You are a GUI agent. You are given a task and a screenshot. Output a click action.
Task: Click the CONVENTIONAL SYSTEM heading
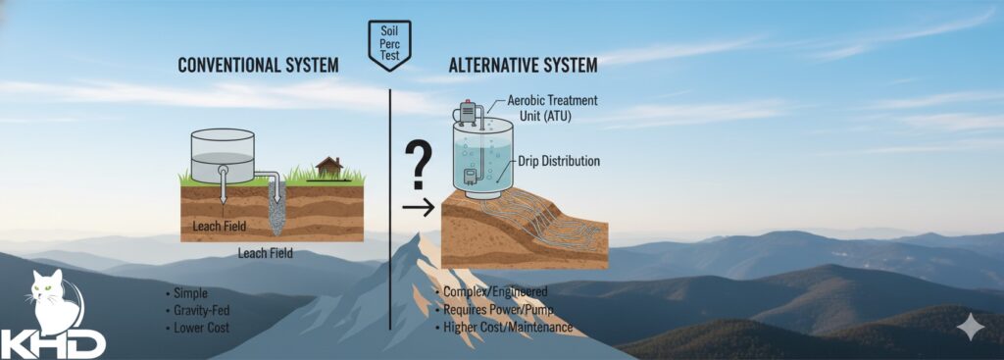(258, 66)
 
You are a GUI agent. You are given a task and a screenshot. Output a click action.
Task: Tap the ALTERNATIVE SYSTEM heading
(524, 66)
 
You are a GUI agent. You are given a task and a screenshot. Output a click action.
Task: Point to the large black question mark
(418, 165)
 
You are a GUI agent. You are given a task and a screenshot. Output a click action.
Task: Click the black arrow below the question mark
(419, 207)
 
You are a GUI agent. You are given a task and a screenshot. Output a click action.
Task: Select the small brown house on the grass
(329, 167)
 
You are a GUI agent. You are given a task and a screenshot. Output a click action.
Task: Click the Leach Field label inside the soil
(219, 226)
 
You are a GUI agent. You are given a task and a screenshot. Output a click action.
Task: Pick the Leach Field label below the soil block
(265, 253)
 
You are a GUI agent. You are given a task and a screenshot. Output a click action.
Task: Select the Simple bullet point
(187, 293)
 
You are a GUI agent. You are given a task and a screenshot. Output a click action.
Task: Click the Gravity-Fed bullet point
(197, 311)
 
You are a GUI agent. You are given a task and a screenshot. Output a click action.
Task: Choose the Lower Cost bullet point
(197, 328)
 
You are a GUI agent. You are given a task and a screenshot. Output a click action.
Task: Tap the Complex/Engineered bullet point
(491, 292)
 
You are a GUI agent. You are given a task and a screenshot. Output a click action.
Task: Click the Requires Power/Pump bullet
(494, 310)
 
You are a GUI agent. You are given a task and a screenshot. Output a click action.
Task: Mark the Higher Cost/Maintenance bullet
(504, 328)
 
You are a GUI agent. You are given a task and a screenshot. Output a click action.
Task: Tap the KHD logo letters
(53, 343)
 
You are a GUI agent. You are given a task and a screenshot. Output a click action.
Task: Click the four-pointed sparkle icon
(970, 327)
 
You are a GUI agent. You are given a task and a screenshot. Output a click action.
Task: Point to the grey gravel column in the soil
(276, 208)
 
